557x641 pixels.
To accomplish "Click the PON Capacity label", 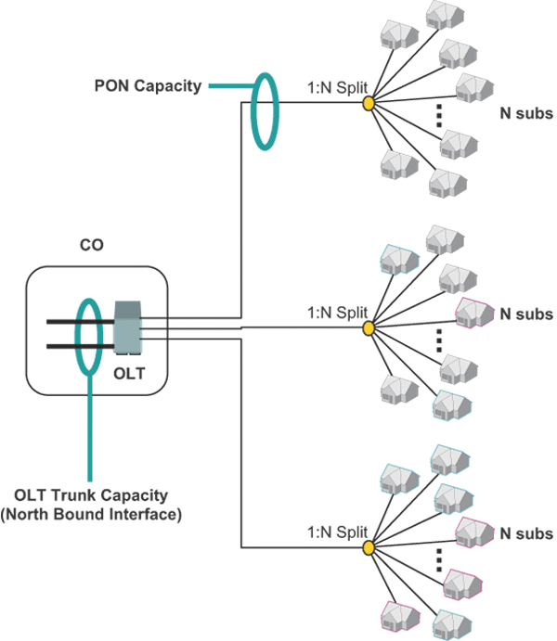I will [x=148, y=86].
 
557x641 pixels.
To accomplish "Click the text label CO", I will [x=92, y=246].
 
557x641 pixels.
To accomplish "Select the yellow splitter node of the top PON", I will [x=369, y=102].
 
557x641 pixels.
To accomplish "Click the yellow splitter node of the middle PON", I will [x=369, y=327].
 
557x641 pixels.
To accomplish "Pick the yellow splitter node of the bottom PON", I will [x=369, y=548].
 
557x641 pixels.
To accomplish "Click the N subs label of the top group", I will [x=525, y=114].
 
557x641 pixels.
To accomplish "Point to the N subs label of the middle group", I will [x=525, y=314].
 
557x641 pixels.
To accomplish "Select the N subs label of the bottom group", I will [x=525, y=534].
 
